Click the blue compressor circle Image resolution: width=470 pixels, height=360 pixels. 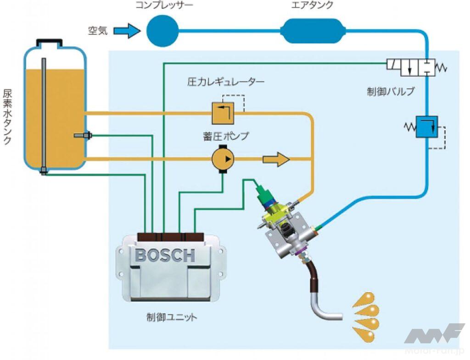click(162, 31)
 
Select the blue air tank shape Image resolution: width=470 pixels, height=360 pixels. click(312, 31)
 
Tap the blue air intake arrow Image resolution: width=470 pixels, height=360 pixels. click(126, 31)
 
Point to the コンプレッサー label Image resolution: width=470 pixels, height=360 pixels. click(164, 6)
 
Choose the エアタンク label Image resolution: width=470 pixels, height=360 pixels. click(312, 6)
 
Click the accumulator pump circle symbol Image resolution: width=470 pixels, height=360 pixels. click(223, 159)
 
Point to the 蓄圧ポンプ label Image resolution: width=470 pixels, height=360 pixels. click(226, 136)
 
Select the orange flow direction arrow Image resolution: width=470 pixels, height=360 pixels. click(276, 160)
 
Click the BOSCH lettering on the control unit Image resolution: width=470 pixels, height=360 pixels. click(165, 255)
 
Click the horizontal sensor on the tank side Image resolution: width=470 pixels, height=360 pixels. click(82, 136)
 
